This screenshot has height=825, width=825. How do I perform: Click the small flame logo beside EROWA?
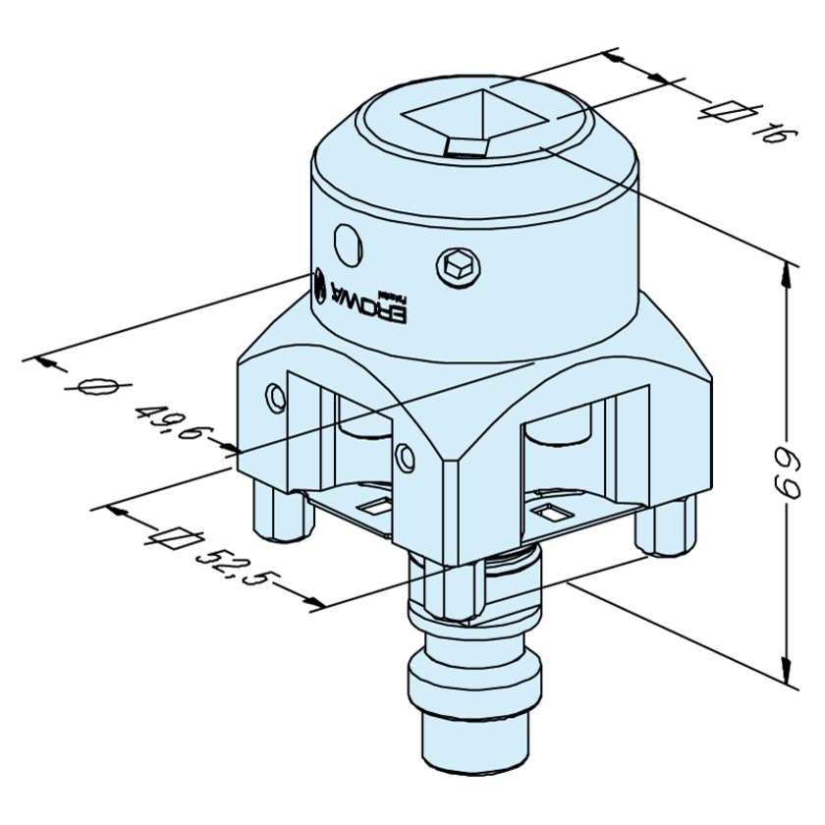pyautogui.click(x=322, y=285)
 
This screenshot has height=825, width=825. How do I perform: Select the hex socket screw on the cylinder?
pyautogui.click(x=459, y=266)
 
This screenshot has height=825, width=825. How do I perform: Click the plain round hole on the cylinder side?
pyautogui.click(x=346, y=241)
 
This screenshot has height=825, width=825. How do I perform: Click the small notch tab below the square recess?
pyautogui.click(x=465, y=147)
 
